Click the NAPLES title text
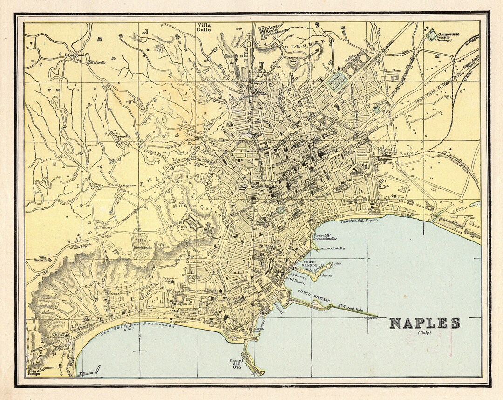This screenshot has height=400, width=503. tap(424, 323)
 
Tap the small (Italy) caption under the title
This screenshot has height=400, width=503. tap(424, 333)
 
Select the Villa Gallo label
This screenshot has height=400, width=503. tap(204, 27)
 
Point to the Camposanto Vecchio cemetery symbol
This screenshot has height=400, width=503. tap(431, 34)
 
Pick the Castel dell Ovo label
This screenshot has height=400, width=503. tap(237, 364)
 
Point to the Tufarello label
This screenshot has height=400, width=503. tap(98, 62)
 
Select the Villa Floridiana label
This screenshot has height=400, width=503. tap(142, 244)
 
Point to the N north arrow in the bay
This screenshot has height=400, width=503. tap(139, 336)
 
